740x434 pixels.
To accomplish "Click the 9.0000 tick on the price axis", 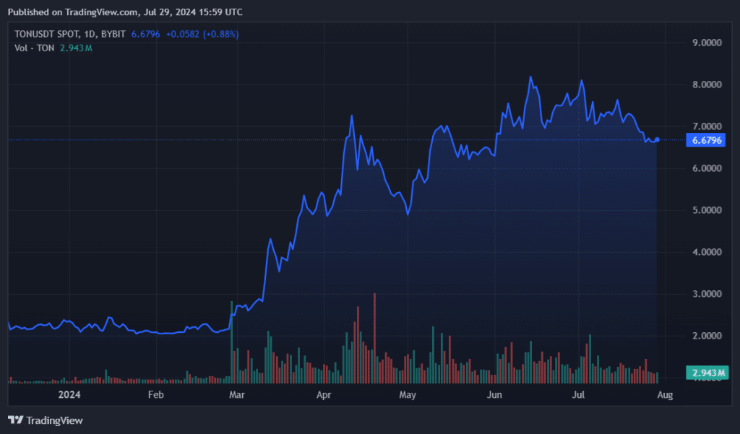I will point(706,43).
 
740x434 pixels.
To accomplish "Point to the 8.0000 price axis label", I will point(706,84).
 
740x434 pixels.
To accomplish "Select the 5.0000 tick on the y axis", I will point(706,210).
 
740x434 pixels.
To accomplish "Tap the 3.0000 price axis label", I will point(706,294).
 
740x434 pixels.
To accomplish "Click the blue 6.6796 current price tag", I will point(707,140).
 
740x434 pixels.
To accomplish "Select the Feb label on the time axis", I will point(155,395).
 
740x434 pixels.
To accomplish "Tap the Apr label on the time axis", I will point(324,395).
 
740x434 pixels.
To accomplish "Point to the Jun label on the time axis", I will point(494,395).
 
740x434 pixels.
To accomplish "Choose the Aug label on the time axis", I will point(665,395).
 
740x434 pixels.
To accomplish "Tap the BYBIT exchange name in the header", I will point(113,34).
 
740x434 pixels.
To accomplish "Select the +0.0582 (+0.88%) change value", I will point(202,34).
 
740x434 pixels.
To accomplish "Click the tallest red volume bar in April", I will point(374,336).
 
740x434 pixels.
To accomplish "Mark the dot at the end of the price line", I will point(657,139).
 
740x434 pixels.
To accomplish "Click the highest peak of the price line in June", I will point(530,77).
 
